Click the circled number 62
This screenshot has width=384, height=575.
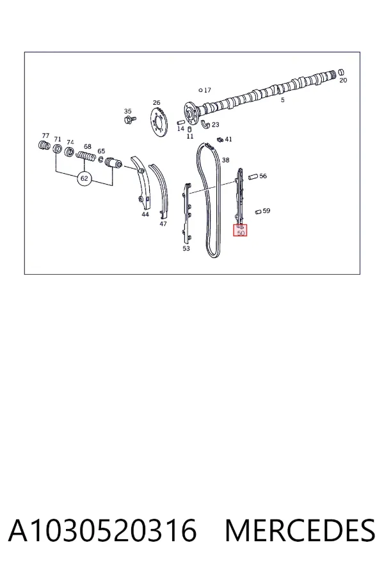[x=84, y=179]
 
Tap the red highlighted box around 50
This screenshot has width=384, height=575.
[x=241, y=230]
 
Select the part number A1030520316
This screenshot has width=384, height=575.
[x=102, y=531]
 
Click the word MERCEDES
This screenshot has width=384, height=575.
[x=300, y=531]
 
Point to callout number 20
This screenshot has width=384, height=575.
[x=343, y=80]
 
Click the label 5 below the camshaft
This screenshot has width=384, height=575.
[x=283, y=100]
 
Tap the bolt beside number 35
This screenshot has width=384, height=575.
[x=129, y=119]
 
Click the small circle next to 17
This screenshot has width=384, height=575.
[x=200, y=90]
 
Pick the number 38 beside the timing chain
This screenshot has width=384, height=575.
[x=226, y=160]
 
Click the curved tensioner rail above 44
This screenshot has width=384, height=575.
[x=140, y=183]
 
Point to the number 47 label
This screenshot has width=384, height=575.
[x=163, y=224]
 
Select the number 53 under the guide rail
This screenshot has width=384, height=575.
[x=186, y=249]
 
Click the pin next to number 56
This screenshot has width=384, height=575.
[x=253, y=177]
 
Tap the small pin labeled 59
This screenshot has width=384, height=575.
[x=259, y=211]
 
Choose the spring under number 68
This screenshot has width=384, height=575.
[x=86, y=157]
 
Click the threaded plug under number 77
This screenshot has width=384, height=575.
[x=44, y=145]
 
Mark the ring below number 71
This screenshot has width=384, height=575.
[x=58, y=149]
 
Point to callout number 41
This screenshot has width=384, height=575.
[x=228, y=139]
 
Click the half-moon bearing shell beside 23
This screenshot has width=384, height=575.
[x=205, y=125]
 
